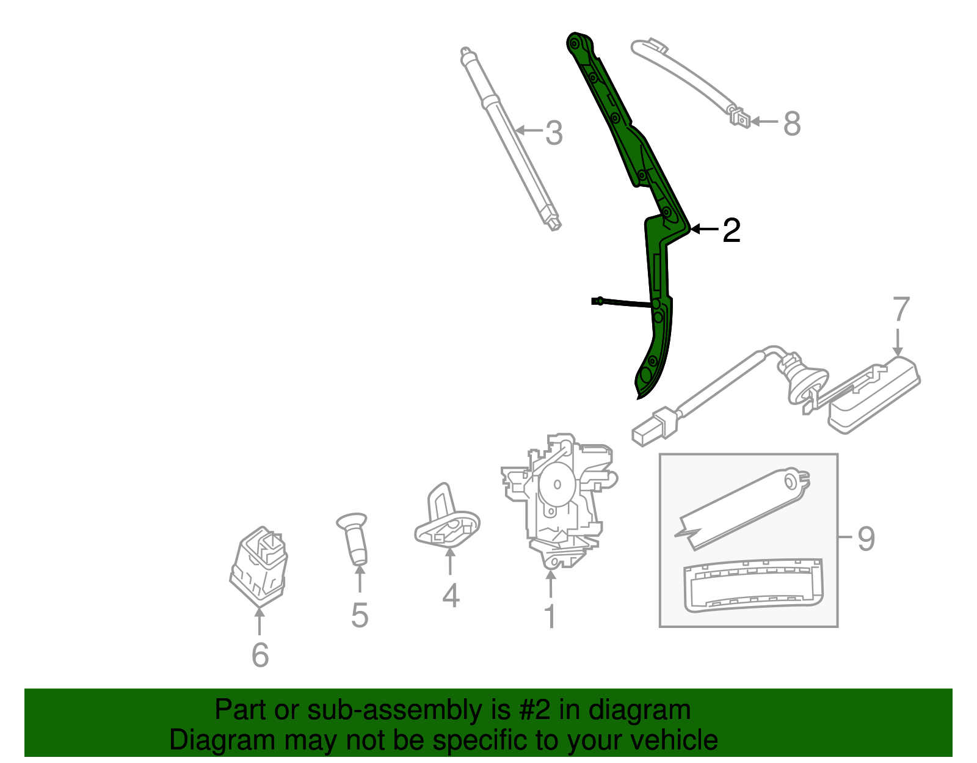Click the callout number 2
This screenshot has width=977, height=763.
(x=731, y=230)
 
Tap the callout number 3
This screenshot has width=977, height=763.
(x=553, y=133)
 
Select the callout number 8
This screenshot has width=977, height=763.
(x=791, y=123)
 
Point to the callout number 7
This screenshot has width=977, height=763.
(x=901, y=310)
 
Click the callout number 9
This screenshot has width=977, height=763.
(x=866, y=539)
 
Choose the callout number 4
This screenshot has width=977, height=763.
(x=451, y=596)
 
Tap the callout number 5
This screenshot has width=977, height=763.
(x=360, y=615)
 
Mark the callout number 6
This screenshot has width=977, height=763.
(x=260, y=655)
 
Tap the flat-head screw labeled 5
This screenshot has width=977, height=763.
(x=355, y=538)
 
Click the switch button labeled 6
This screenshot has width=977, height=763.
(x=260, y=562)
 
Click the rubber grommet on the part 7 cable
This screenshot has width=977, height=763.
(x=802, y=379)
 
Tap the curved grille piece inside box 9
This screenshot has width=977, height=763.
(x=752, y=585)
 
